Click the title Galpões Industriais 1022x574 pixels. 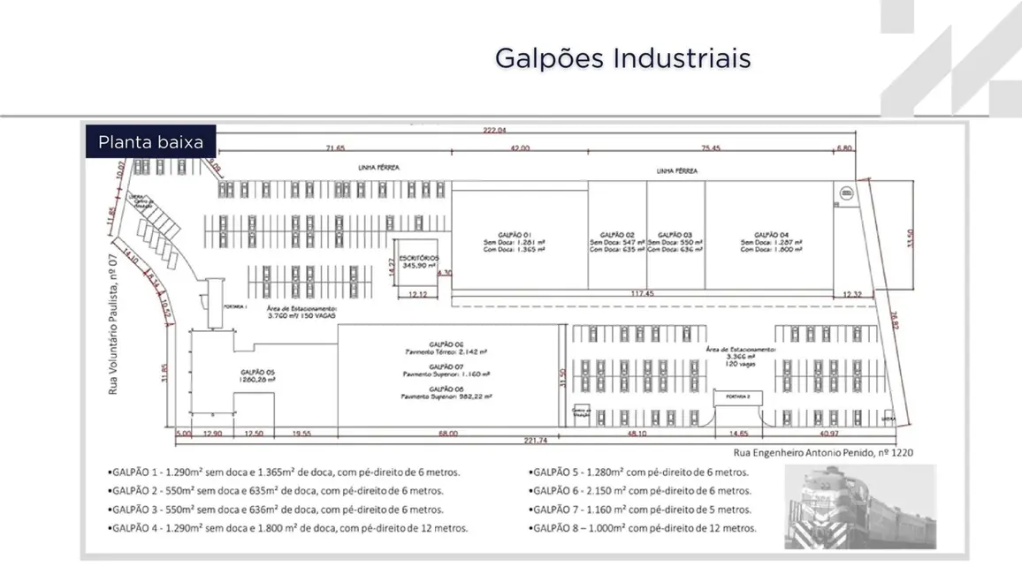[622, 58]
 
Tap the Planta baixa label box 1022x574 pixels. [150, 141]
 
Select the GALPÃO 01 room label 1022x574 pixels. [514, 233]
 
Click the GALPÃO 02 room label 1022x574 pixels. [616, 234]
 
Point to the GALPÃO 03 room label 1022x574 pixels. [675, 234]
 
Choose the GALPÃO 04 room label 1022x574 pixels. [766, 234]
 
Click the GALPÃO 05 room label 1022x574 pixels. [258, 372]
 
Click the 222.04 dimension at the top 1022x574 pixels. [494, 130]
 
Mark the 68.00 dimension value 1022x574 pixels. [448, 434]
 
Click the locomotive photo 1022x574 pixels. [859, 506]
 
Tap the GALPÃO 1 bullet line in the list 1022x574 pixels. [286, 472]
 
